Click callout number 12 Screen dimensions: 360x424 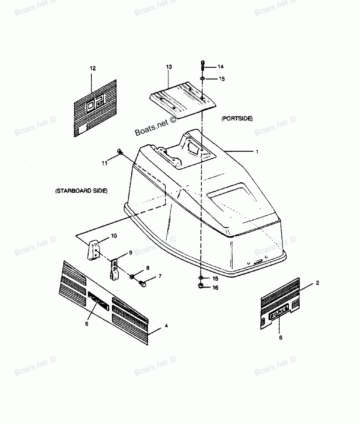[93, 68]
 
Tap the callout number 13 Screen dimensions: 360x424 [169, 67]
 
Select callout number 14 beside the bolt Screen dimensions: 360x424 [220, 67]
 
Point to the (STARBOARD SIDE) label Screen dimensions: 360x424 [81, 191]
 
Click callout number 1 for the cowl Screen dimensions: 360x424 [257, 152]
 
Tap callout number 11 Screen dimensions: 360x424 [104, 163]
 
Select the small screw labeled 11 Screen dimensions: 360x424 [120, 152]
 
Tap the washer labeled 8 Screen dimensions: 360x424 [132, 276]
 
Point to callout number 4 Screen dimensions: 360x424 [166, 325]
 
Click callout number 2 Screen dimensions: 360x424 [317, 283]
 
